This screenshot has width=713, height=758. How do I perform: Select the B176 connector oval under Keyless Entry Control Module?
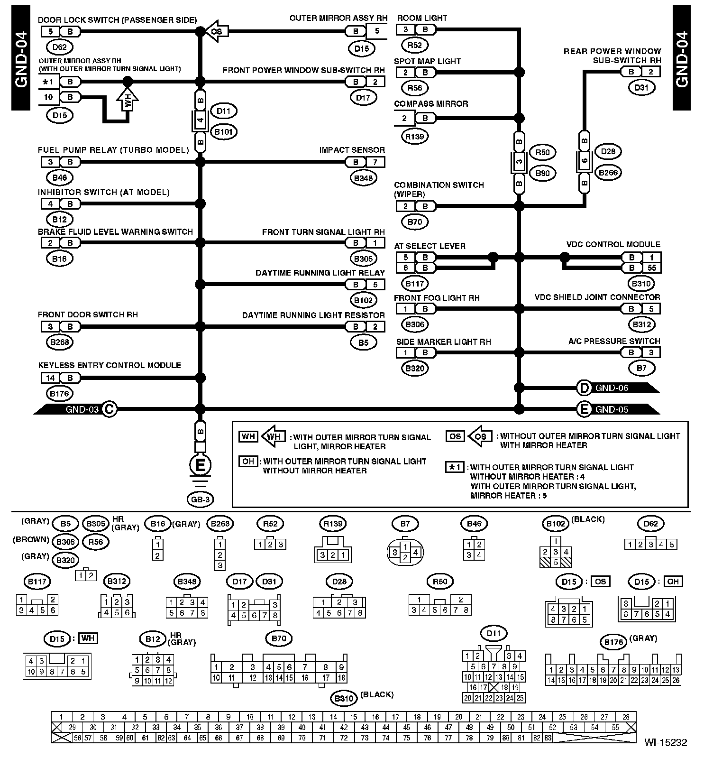click(60, 393)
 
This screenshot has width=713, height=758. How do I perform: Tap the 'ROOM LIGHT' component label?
click(422, 18)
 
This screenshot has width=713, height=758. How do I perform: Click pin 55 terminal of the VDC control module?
click(652, 268)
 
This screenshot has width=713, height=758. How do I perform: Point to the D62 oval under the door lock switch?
click(60, 47)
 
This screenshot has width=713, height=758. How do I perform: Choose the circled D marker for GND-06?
click(584, 388)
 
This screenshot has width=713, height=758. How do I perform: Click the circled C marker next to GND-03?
click(109, 409)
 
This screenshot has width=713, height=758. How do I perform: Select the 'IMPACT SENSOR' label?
click(352, 150)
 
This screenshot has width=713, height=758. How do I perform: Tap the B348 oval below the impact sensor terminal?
click(363, 178)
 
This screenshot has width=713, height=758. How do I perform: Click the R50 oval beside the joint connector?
click(542, 152)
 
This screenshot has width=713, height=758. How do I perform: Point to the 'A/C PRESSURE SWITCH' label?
click(614, 341)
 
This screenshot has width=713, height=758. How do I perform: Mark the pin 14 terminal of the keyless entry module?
click(50, 378)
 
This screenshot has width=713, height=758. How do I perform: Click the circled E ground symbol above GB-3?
click(200, 464)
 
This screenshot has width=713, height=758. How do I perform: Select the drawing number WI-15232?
click(665, 742)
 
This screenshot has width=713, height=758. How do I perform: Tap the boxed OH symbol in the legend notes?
click(248, 462)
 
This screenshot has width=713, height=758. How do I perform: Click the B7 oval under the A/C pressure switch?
click(641, 368)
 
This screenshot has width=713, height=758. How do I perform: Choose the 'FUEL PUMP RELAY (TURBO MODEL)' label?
click(113, 150)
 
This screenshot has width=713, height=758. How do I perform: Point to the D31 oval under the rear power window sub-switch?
click(641, 87)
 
